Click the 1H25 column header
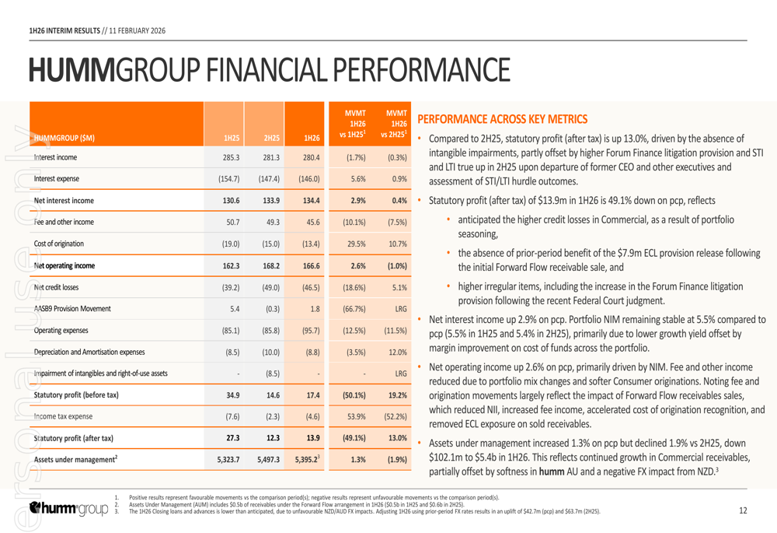pos(231,139)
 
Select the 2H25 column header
pos(270,139)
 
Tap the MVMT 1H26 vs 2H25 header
pos(393,124)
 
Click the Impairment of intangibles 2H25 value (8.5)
pos(270,373)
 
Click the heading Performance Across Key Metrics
pos(502,119)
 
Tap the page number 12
pos(743,510)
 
